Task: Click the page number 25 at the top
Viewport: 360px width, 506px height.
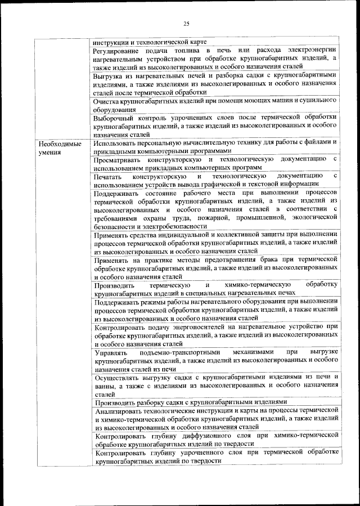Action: (x=186, y=23)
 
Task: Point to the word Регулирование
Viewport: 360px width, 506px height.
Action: (x=118, y=51)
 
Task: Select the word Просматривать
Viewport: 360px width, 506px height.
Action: (x=120, y=160)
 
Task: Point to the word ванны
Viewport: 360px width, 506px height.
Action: (x=106, y=386)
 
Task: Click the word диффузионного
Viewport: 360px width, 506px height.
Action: (x=214, y=437)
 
